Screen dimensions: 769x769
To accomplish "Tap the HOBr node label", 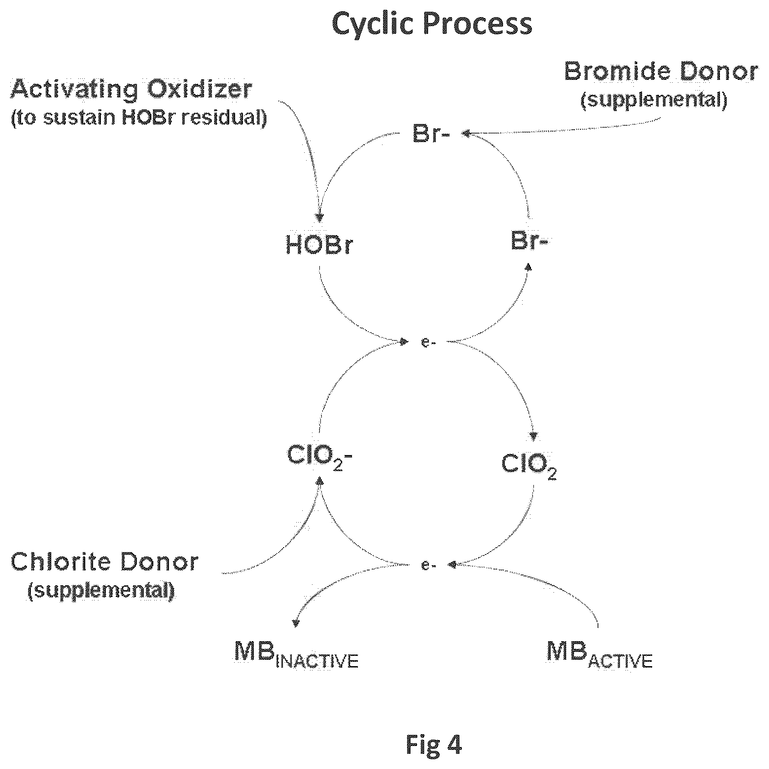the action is tap(319, 245).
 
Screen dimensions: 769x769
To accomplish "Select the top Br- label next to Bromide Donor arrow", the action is tap(431, 134).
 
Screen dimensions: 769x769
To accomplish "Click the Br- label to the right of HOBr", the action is tap(529, 241).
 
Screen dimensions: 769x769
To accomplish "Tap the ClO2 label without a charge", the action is tap(529, 466).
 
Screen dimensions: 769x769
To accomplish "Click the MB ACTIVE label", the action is tap(600, 654).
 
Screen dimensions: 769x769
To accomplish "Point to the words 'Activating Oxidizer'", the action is tap(132, 90).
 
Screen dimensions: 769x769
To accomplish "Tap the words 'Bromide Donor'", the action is tap(661, 72).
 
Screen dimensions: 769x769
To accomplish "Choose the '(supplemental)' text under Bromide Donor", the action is tap(654, 99).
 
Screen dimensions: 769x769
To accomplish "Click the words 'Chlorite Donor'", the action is tap(105, 562).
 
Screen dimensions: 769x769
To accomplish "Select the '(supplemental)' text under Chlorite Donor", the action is tap(101, 591).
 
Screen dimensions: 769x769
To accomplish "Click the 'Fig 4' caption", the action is tap(434, 745).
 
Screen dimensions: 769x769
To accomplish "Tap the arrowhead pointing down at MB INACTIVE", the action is tap(295, 623).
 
